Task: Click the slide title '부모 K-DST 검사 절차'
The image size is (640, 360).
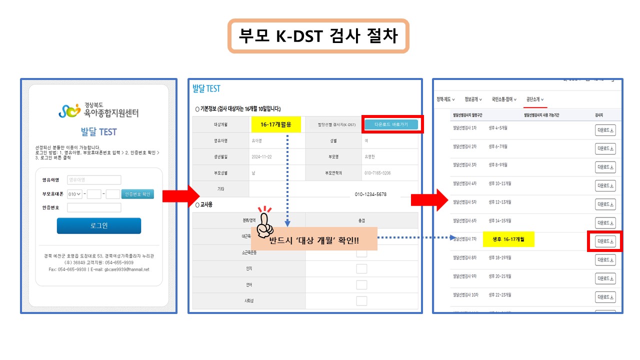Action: click(x=318, y=36)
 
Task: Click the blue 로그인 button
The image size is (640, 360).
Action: click(x=98, y=225)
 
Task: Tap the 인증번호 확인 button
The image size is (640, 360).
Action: click(x=137, y=194)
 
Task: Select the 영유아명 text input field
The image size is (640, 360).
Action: click(x=94, y=180)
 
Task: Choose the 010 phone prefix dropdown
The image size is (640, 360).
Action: click(x=75, y=194)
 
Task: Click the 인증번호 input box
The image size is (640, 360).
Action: click(x=94, y=207)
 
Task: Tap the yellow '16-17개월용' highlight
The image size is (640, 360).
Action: click(x=275, y=124)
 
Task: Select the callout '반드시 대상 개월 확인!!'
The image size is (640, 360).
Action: click(x=314, y=241)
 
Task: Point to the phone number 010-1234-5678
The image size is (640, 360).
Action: click(x=370, y=194)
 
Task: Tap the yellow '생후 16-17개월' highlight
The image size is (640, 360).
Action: click(x=508, y=239)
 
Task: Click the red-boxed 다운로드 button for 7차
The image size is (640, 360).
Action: click(x=605, y=241)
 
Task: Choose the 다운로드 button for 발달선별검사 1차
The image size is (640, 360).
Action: click(x=605, y=130)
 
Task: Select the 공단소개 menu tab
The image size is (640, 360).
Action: click(x=534, y=99)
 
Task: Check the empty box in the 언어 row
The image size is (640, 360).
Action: click(x=361, y=284)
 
